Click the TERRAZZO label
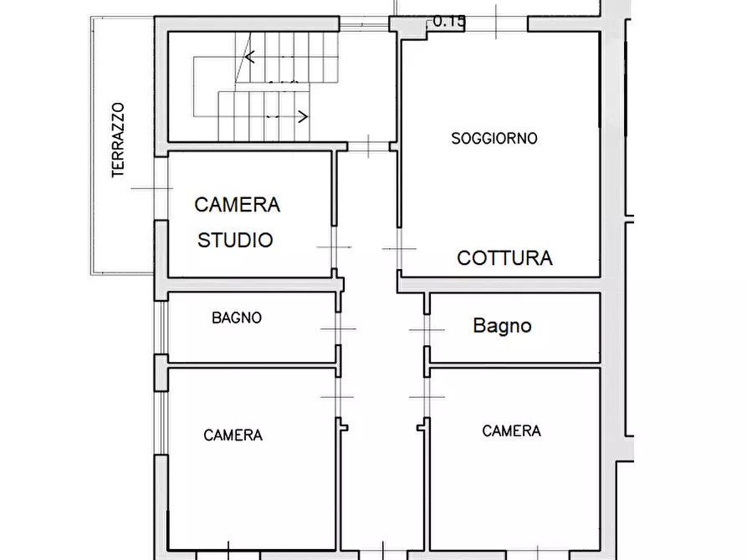point(118,140)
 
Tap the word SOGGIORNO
point(494,139)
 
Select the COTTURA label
point(504,258)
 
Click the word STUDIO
point(235,241)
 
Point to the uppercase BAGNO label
point(237,318)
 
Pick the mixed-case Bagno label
point(502,325)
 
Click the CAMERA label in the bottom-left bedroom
point(233,435)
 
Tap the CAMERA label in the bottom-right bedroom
point(511,431)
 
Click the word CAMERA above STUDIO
point(237,205)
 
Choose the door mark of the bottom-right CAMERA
point(427,396)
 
